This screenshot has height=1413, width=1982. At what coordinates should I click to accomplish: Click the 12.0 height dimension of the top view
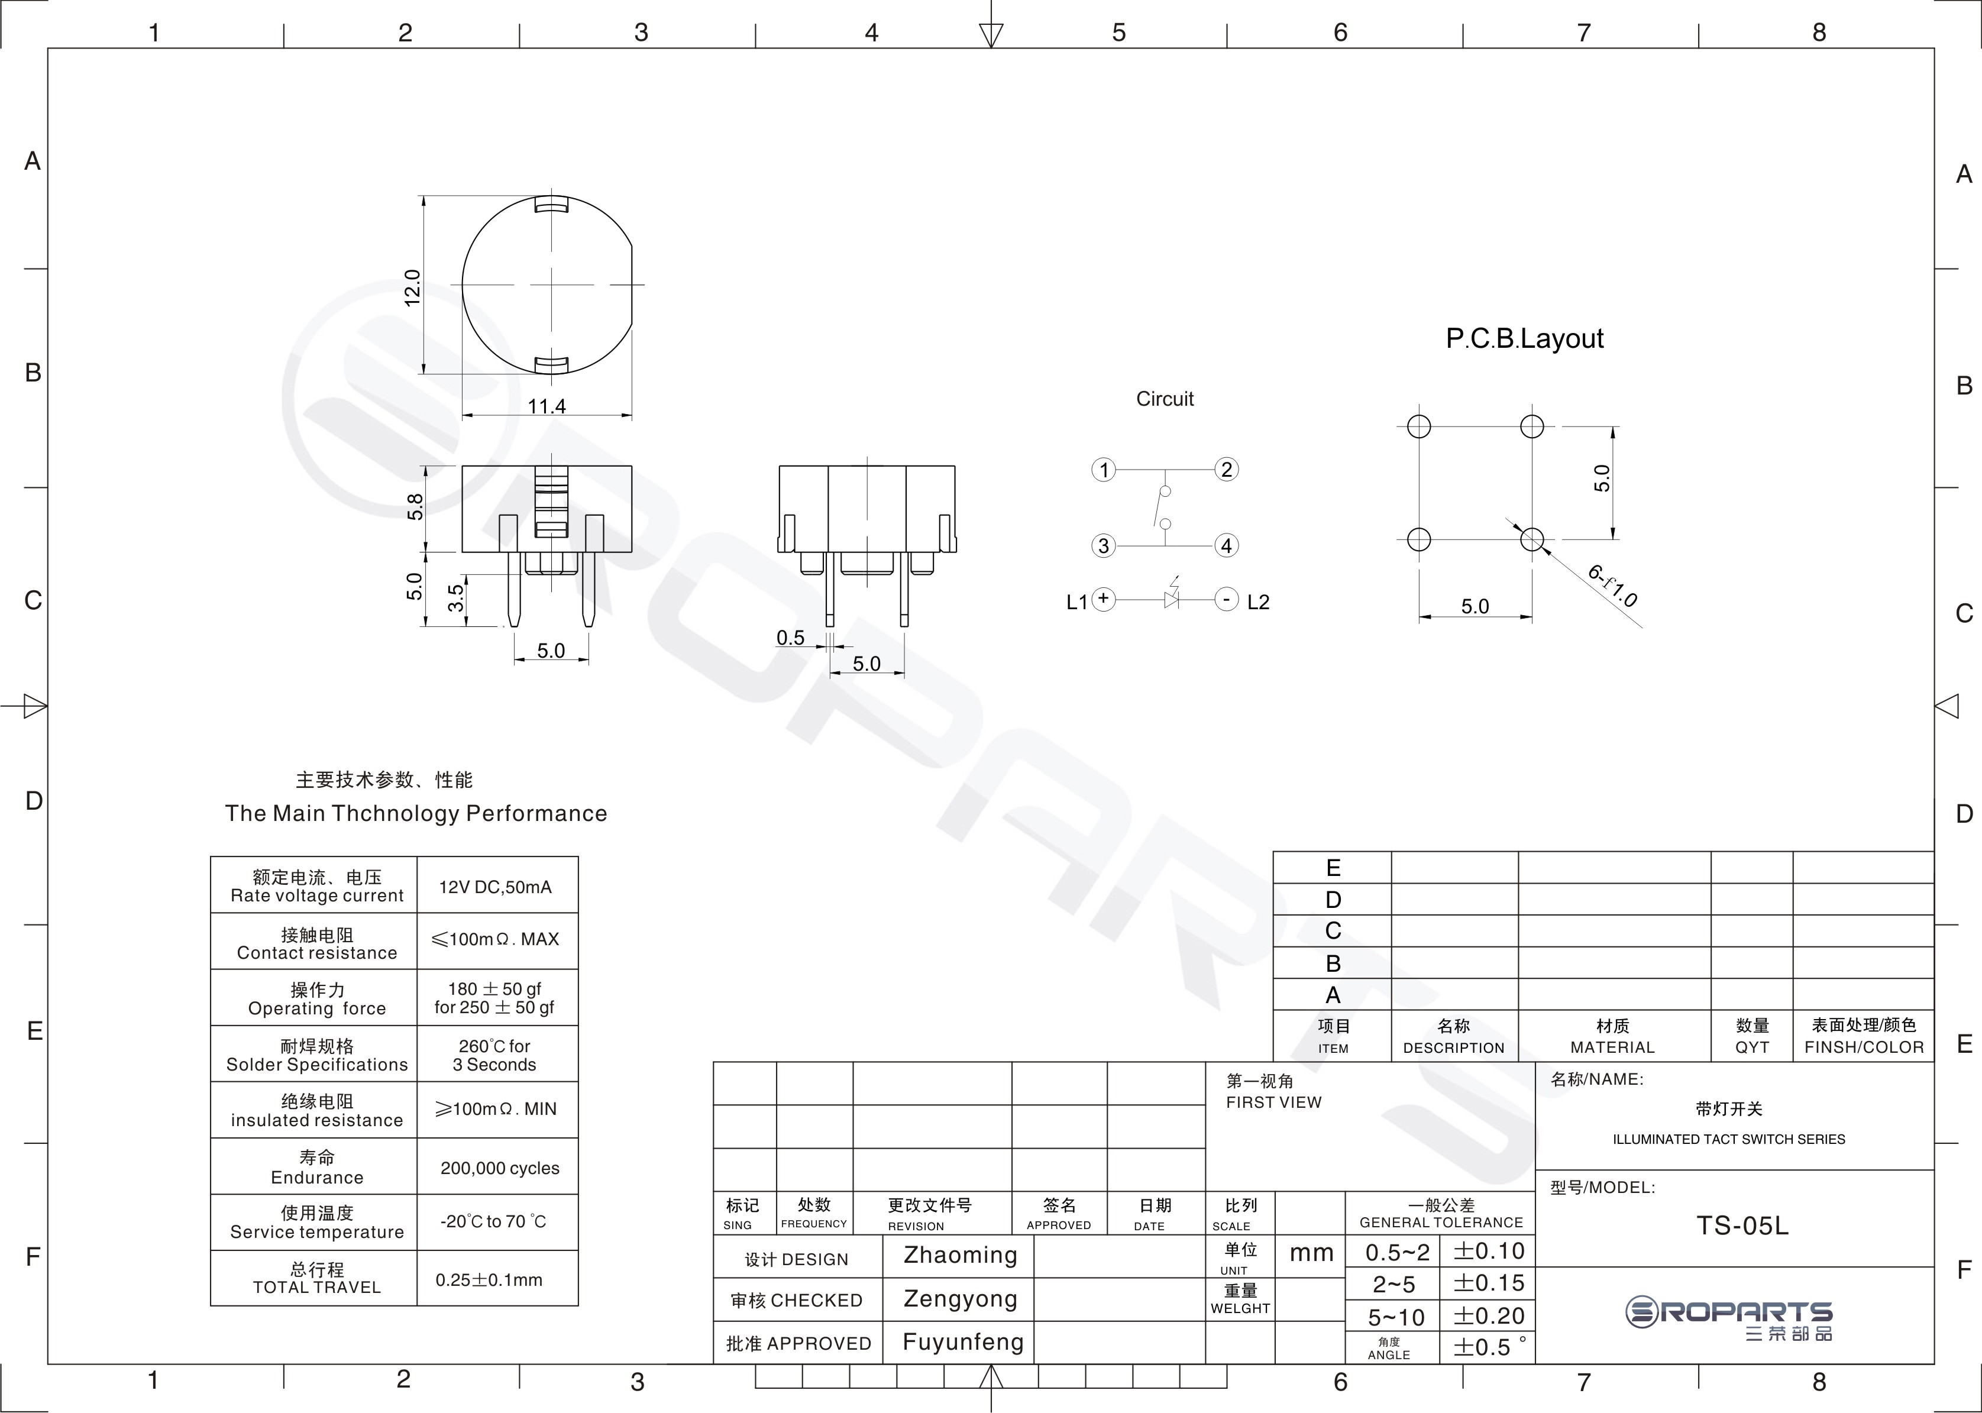tap(412, 287)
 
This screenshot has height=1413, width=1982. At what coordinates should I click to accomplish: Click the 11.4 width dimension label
tap(547, 406)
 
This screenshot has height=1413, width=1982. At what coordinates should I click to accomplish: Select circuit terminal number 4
tap(1226, 545)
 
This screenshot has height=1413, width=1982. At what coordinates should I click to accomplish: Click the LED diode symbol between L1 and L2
tap(1171, 599)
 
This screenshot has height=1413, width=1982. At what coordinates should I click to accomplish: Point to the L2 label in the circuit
tap(1258, 602)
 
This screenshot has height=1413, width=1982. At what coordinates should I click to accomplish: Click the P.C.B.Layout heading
tap(1524, 338)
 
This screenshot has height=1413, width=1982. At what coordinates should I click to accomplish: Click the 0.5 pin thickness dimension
tap(790, 638)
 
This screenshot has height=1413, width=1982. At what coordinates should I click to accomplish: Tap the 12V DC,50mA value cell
tap(495, 887)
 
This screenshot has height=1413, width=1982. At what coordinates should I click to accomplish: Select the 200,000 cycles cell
tap(499, 1168)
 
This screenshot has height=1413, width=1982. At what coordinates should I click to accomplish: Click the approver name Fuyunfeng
tap(962, 1341)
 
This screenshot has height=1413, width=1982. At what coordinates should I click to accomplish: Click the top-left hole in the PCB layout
tap(1418, 426)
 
